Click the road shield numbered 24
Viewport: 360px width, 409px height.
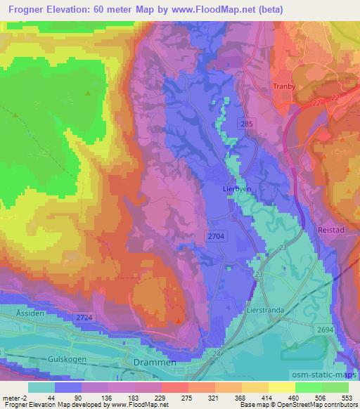[x=215, y=353]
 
